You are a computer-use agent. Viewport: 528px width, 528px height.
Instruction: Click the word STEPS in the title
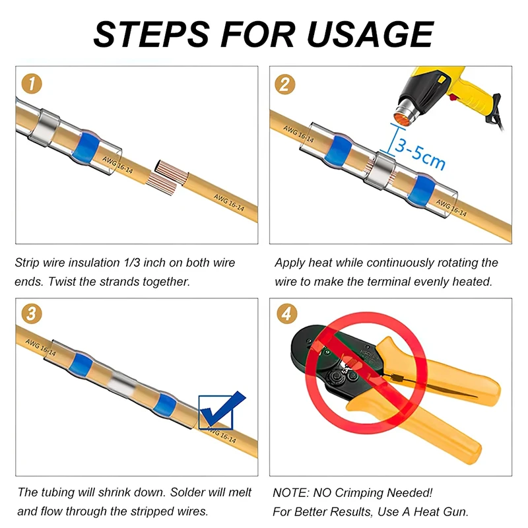click(x=152, y=34)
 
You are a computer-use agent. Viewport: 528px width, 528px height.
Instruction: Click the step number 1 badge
click(x=32, y=84)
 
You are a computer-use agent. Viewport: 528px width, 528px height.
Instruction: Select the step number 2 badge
click(x=285, y=84)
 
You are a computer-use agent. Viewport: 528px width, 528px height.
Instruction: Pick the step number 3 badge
click(x=32, y=314)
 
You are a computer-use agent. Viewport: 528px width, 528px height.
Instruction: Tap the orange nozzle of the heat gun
click(x=405, y=115)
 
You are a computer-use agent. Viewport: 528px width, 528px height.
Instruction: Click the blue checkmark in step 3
click(x=222, y=409)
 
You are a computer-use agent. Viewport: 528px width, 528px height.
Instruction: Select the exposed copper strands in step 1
click(x=168, y=178)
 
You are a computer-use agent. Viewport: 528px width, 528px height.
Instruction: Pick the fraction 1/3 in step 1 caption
click(x=131, y=263)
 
